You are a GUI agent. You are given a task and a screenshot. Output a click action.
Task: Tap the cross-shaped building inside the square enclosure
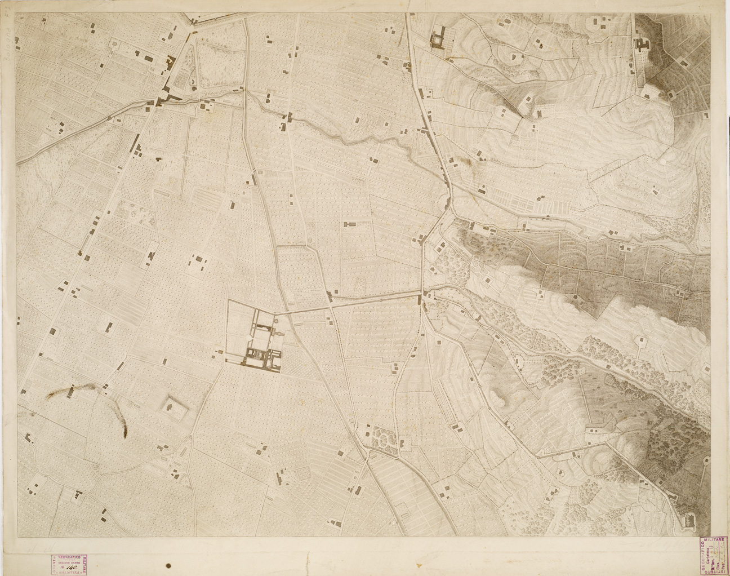tap(168, 406)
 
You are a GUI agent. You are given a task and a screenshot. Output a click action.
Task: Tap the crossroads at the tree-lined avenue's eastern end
tap(421, 294)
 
